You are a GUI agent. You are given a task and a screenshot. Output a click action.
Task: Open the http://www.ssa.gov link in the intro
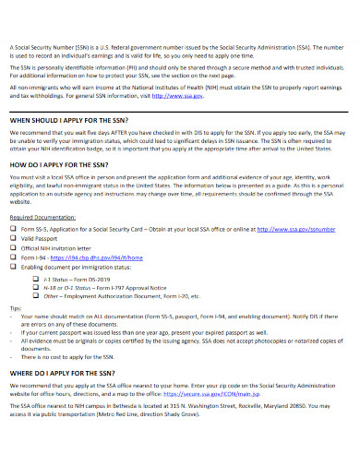coord(205,95)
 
